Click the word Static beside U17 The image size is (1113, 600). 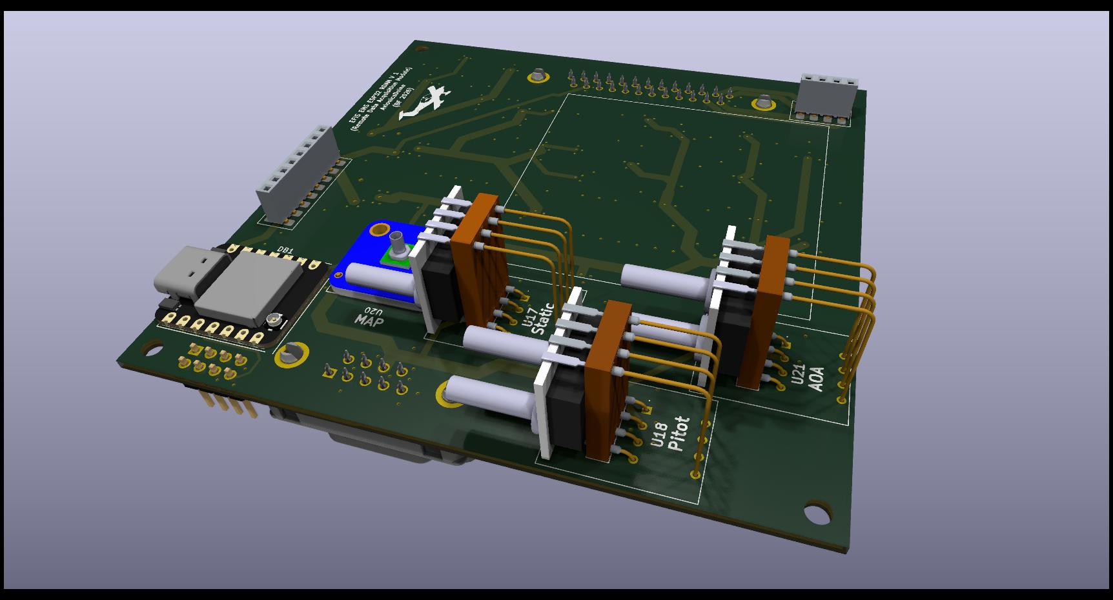click(x=544, y=319)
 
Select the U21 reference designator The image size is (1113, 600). click(x=798, y=375)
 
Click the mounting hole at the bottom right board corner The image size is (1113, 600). click(x=817, y=514)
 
